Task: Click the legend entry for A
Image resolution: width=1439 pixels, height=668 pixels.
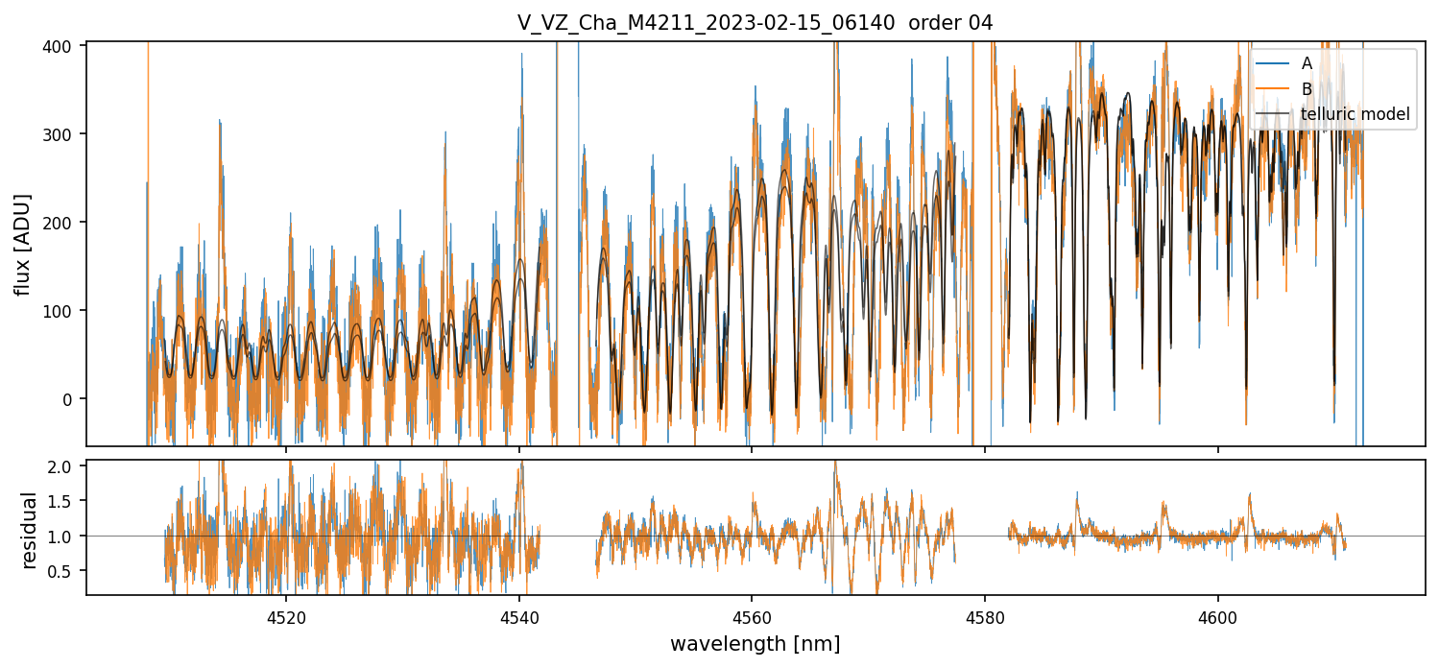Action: (1307, 62)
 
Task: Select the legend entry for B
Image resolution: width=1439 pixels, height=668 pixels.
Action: (1307, 88)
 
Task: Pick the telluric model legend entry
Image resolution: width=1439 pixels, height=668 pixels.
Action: (1355, 114)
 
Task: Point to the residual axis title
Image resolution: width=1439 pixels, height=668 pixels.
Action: (30, 530)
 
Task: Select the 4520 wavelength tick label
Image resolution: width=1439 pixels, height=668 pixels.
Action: (286, 618)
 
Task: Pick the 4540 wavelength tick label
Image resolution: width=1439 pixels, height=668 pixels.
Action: (519, 618)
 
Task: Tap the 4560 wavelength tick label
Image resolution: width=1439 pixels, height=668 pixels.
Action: (752, 618)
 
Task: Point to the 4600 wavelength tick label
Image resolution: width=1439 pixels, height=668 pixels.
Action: (1218, 618)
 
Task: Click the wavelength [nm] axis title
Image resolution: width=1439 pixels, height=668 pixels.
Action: (755, 643)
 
